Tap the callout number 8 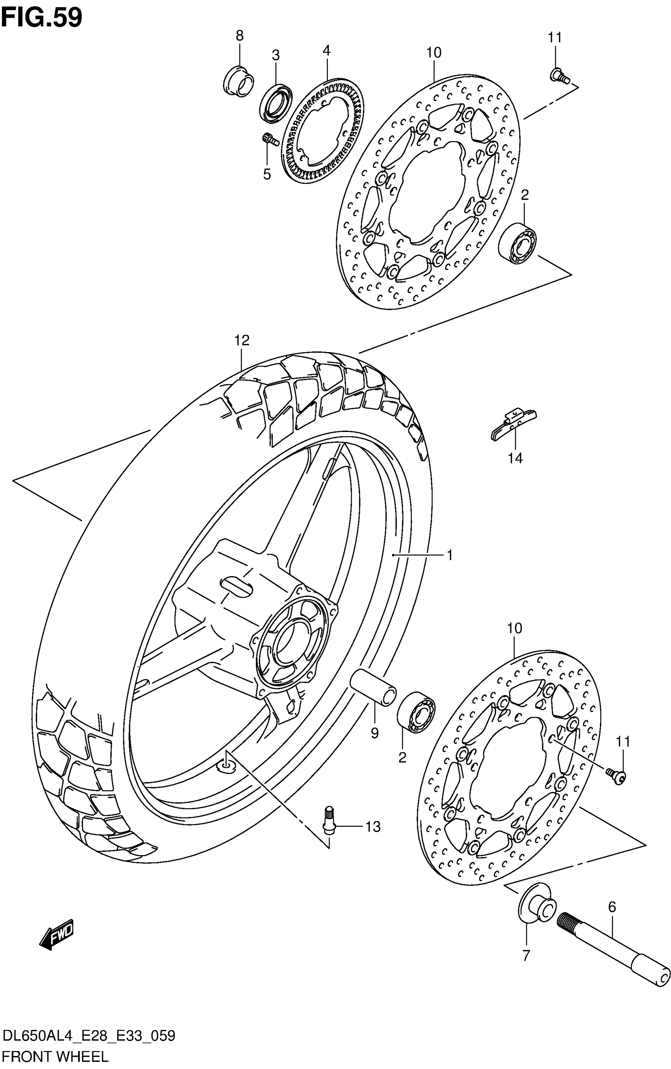pyautogui.click(x=239, y=36)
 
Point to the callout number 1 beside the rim pyautogui.click(x=449, y=554)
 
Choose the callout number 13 pyautogui.click(x=373, y=827)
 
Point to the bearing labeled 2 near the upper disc pyautogui.click(x=517, y=244)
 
